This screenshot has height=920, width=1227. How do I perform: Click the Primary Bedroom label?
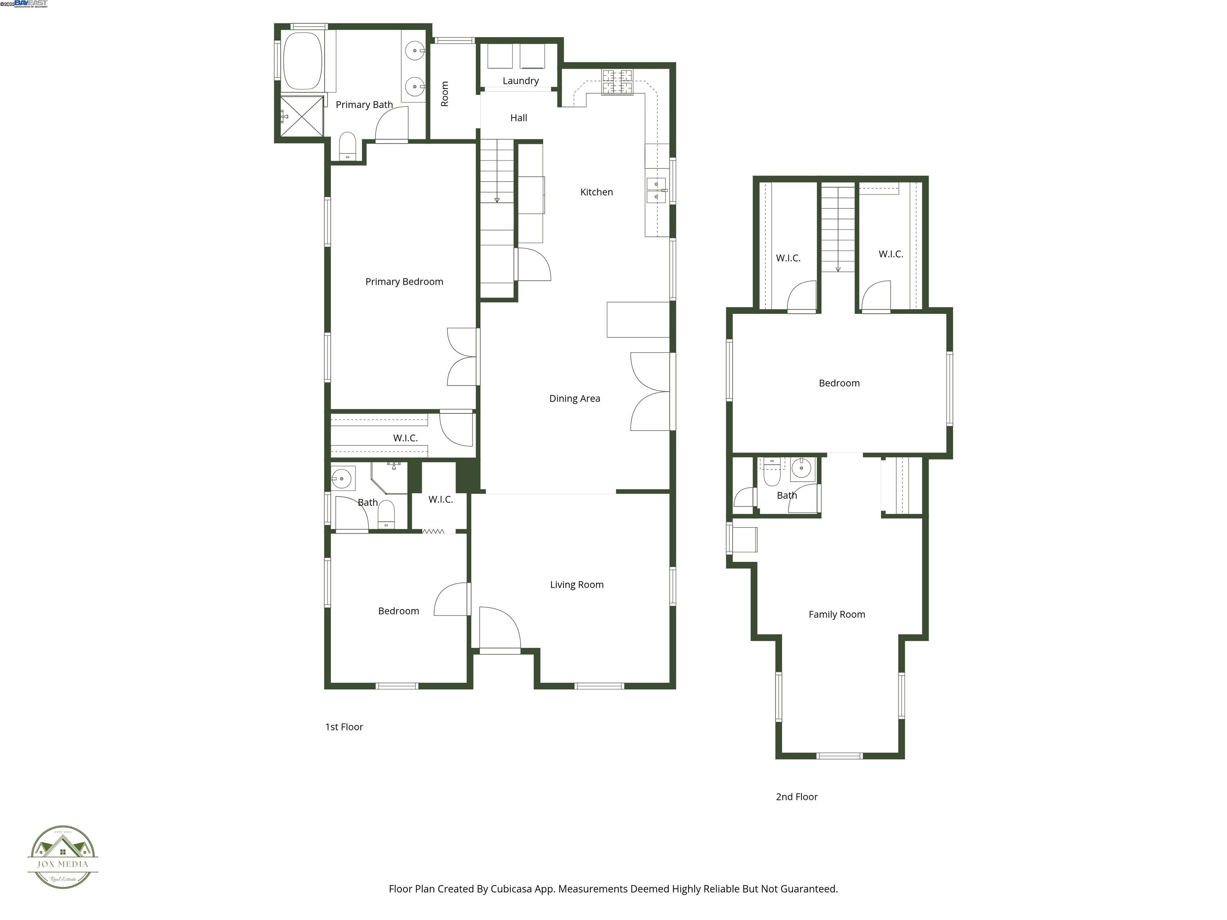tap(404, 282)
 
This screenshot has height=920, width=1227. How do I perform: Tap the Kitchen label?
tap(596, 192)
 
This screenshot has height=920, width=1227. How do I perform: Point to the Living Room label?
tap(576, 585)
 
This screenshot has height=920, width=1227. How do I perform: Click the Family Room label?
tap(836, 614)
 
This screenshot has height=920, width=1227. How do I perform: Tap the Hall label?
tap(519, 117)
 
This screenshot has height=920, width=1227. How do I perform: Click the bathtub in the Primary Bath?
tap(303, 60)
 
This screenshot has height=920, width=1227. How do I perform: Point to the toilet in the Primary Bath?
tap(347, 146)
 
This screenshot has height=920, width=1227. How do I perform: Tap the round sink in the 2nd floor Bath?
tap(801, 468)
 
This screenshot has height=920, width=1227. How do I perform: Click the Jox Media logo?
tap(63, 857)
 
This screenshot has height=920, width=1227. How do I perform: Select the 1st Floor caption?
tap(344, 726)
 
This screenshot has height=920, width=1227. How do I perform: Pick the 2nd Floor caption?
tap(796, 796)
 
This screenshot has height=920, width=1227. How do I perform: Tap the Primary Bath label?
tap(364, 104)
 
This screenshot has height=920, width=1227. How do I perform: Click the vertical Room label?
tap(444, 94)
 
